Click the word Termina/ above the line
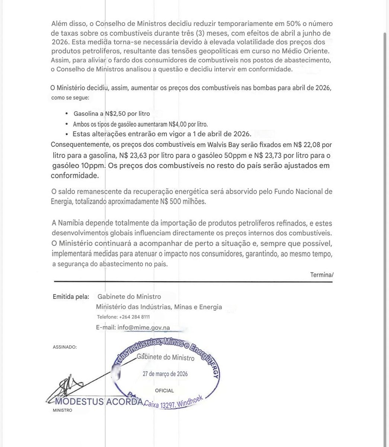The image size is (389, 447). point(322,275)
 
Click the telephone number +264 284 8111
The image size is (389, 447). point(134,317)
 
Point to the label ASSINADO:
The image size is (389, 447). point(65,347)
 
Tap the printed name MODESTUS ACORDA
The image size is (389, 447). point(99,402)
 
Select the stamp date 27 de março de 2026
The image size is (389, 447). point(166,374)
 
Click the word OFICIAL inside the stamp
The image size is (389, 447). point(164,391)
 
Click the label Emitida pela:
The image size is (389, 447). point(71,297)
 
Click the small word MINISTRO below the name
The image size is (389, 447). point(62,410)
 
